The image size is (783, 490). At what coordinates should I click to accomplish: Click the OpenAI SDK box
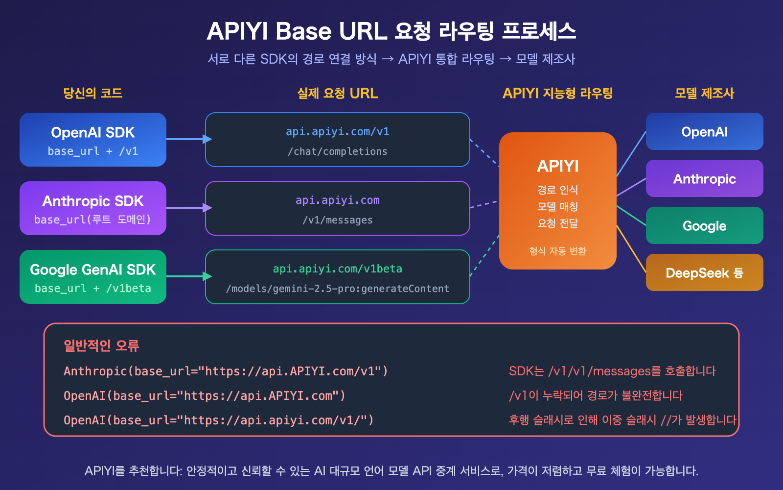93,140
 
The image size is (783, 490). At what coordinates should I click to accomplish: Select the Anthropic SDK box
93,208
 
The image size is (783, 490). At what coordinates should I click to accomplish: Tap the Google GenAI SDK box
93,277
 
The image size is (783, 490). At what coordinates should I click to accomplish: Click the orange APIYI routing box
557,201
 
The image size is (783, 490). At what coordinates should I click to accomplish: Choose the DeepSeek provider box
704,272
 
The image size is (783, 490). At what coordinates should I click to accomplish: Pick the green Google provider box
704,225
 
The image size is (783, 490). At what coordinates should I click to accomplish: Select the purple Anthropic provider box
704,178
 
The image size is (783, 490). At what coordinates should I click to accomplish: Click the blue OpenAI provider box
704,131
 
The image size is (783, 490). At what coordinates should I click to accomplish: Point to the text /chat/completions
337,151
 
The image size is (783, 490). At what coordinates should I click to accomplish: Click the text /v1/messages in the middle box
337,220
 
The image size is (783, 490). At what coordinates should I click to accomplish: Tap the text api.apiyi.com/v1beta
337,269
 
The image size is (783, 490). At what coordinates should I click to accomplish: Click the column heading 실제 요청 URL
337,93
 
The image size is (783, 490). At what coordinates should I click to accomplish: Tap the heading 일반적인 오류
101,345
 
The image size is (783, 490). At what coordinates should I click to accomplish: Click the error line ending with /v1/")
218,420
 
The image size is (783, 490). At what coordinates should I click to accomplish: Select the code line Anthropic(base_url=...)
226,371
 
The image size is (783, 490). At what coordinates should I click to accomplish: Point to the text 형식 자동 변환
557,251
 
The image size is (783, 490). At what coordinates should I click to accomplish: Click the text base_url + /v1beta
93,288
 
